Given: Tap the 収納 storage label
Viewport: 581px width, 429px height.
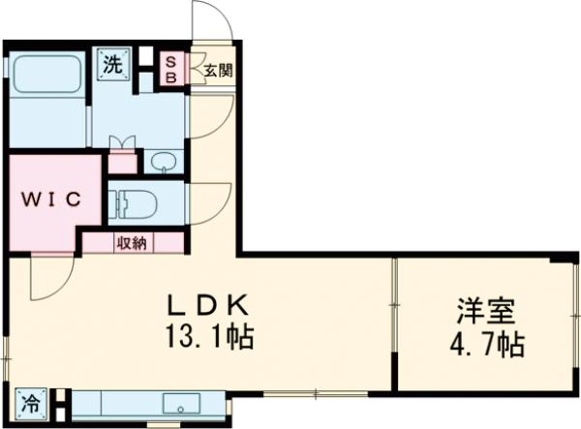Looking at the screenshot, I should [133, 242].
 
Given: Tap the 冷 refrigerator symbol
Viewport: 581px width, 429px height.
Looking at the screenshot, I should [30, 398].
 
